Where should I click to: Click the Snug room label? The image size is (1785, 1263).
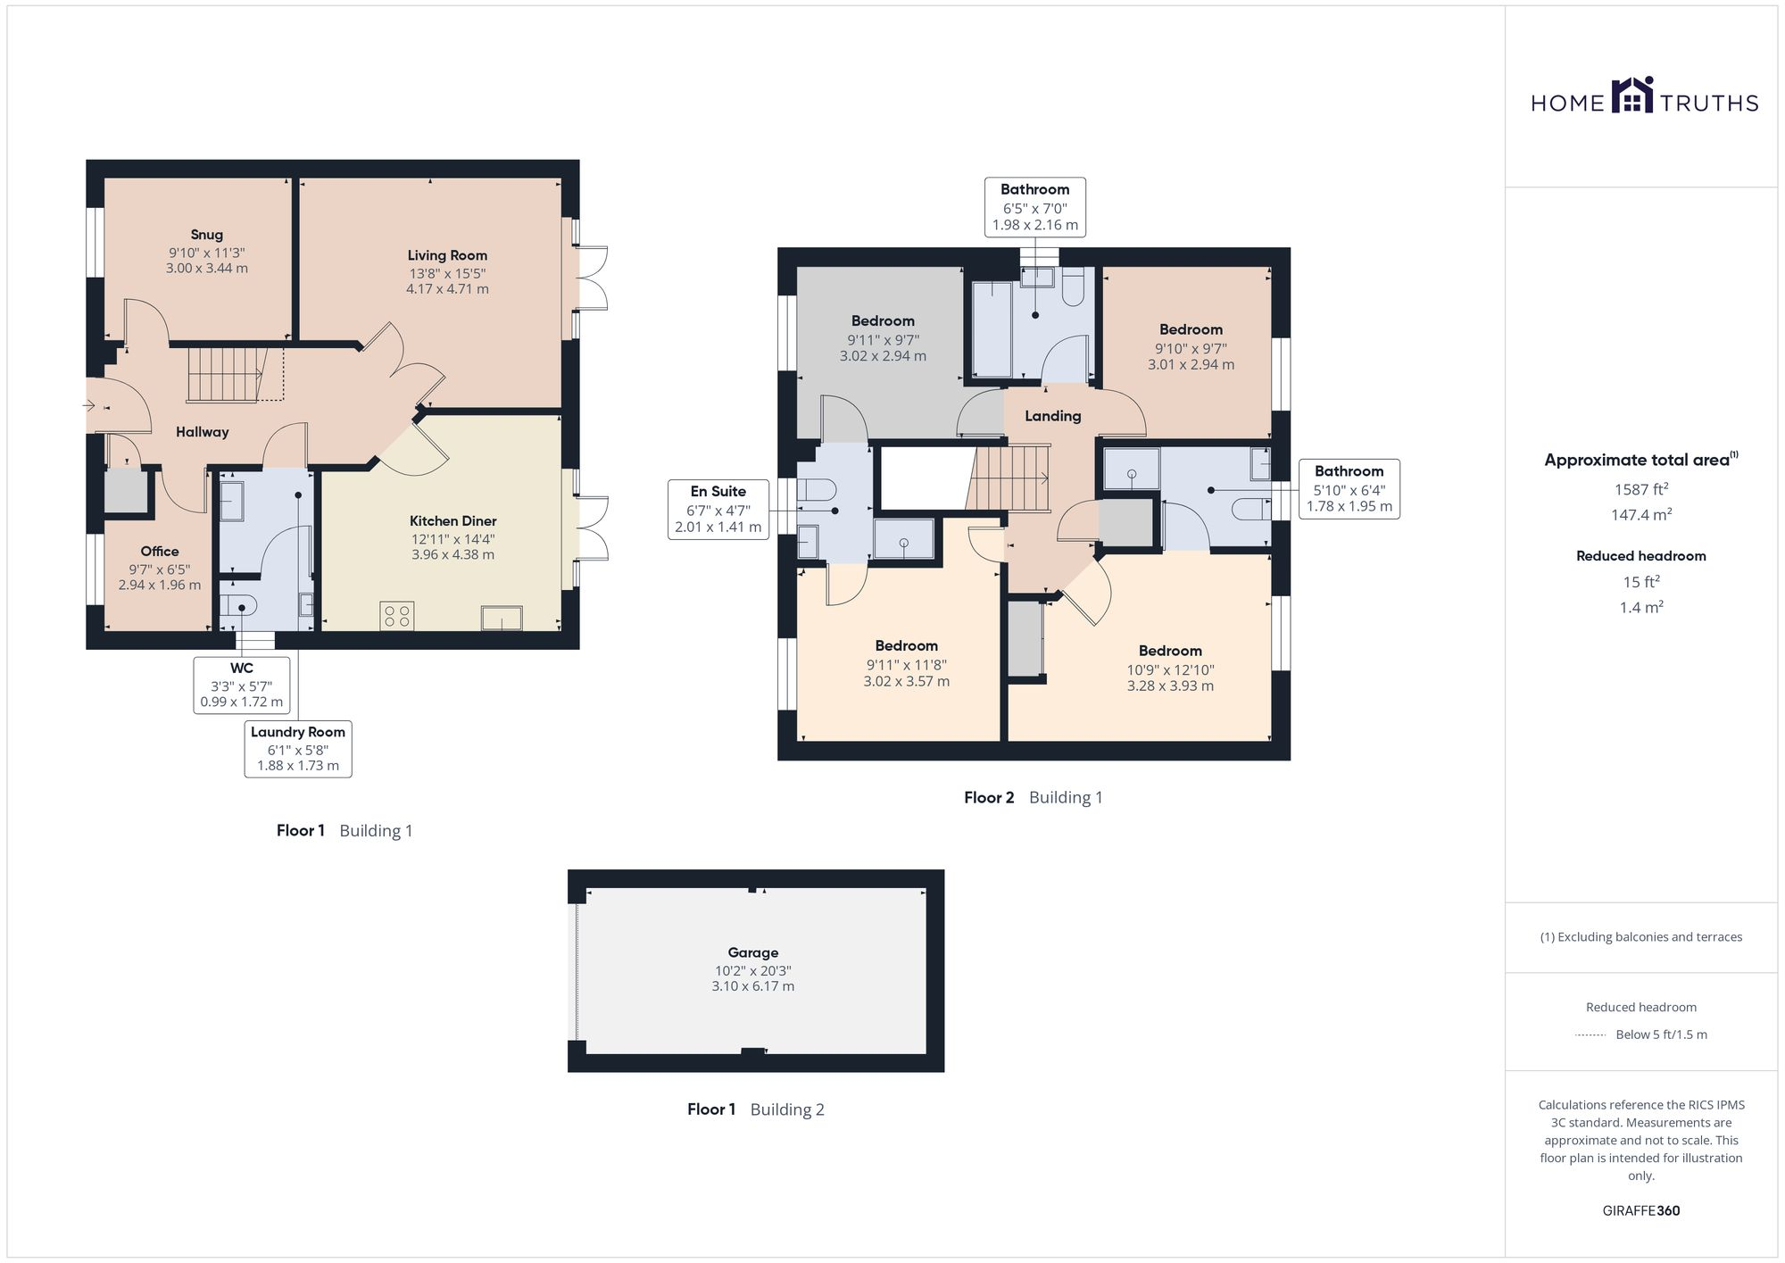click(x=206, y=235)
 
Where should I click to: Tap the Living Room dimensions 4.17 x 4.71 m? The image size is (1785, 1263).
click(x=447, y=289)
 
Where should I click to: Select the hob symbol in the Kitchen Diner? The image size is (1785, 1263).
click(x=396, y=615)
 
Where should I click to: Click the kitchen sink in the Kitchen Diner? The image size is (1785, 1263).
click(x=502, y=618)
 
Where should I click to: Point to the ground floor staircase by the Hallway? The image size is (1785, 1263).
click(x=227, y=374)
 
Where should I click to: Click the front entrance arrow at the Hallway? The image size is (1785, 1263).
click(x=89, y=406)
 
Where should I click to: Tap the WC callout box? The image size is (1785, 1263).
click(x=242, y=685)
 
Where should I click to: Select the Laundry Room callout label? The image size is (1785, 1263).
click(x=298, y=732)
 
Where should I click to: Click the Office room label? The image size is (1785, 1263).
click(x=160, y=552)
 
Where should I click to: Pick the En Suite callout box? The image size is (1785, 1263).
click(x=718, y=509)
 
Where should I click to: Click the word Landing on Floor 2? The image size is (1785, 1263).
click(x=1052, y=416)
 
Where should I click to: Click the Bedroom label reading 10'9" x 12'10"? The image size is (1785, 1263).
click(x=1169, y=652)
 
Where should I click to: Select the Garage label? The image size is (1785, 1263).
click(x=752, y=952)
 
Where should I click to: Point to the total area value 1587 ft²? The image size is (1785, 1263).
click(x=1640, y=489)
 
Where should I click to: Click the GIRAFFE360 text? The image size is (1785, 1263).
click(x=1640, y=1211)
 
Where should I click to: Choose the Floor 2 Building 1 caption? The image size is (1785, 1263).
click(x=1033, y=798)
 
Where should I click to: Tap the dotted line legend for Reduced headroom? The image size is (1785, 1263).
click(x=1590, y=1035)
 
